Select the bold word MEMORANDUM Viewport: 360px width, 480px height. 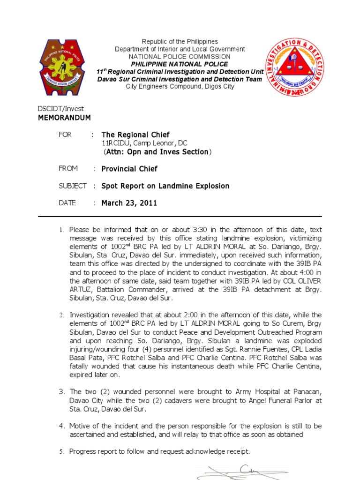[x=64, y=118]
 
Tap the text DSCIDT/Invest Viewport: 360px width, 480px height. [x=60, y=109]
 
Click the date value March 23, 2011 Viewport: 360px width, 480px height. [x=129, y=203]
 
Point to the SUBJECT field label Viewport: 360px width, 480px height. [x=72, y=186]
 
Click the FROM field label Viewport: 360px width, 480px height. [x=68, y=168]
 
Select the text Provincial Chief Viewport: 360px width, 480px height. [x=129, y=169]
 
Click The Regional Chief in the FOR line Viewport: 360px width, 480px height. [x=135, y=135]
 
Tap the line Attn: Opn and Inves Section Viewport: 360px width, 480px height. [x=157, y=152]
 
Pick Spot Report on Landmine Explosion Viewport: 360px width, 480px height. [x=165, y=186]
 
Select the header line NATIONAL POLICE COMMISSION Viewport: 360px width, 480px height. [x=180, y=56]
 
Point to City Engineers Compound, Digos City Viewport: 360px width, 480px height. [x=180, y=87]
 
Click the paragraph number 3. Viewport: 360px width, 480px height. [x=61, y=391]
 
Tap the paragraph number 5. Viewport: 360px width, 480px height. [x=61, y=452]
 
